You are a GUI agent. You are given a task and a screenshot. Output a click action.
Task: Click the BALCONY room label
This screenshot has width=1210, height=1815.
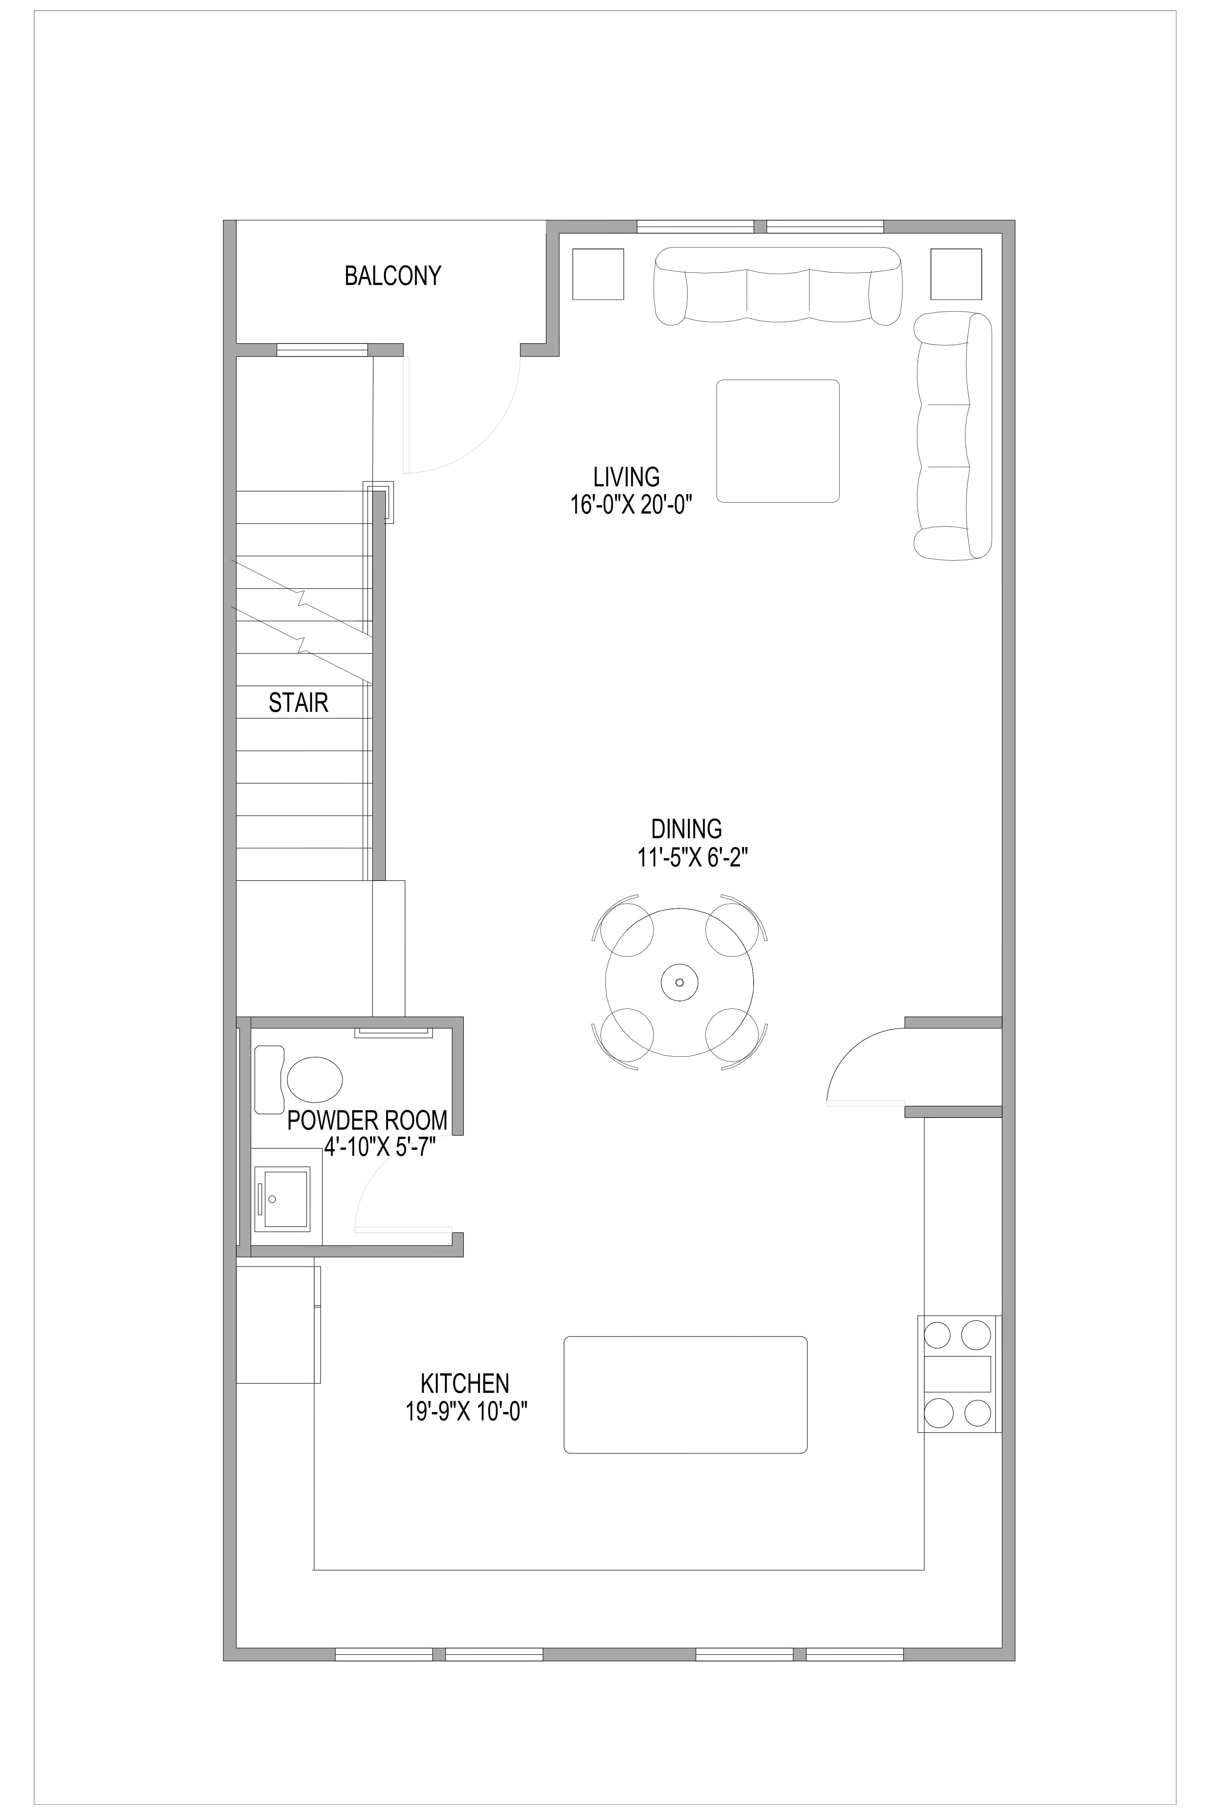point(393,276)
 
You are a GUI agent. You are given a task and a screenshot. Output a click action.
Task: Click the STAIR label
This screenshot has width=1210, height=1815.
point(299,702)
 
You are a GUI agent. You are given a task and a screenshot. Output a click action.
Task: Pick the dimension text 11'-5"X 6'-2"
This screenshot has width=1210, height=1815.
point(690,858)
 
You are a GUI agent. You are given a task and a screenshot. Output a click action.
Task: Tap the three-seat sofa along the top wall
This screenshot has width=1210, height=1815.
point(778,285)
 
